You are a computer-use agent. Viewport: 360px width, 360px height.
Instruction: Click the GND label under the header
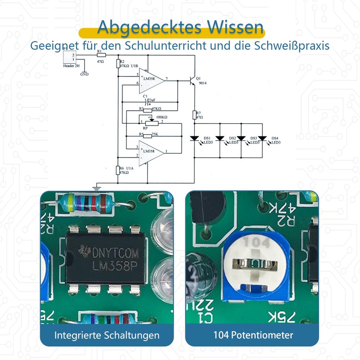[x=84, y=74]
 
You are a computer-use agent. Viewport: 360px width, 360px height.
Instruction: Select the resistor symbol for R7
[x=194, y=115]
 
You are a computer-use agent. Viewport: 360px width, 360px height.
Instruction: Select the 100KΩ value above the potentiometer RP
[x=156, y=116]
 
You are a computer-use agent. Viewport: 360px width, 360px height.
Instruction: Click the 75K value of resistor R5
[x=155, y=134]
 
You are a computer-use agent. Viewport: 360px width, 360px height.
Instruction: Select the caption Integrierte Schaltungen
[x=107, y=335]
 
